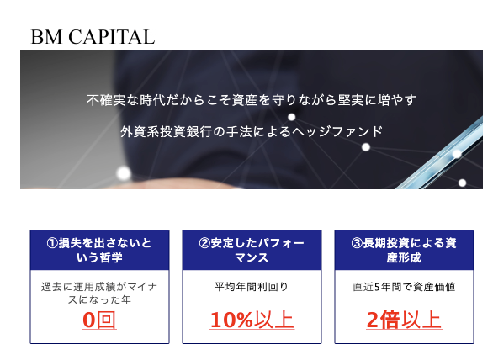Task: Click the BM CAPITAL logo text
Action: pyautogui.click(x=93, y=37)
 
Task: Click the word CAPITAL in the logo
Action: pyautogui.click(x=112, y=37)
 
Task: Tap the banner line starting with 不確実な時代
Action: pyautogui.click(x=252, y=100)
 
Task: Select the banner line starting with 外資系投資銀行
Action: pyautogui.click(x=252, y=131)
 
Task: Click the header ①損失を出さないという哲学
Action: pyautogui.click(x=99, y=251)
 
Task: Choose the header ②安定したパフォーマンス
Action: pyautogui.click(x=252, y=251)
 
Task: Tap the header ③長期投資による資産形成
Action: pyautogui.click(x=404, y=251)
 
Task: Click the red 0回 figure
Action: pyautogui.click(x=99, y=320)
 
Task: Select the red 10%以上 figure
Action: pyautogui.click(x=252, y=320)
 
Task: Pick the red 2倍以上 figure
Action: pyautogui.click(x=404, y=320)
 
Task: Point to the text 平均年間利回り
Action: pyautogui.click(x=252, y=287)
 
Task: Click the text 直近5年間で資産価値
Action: pyautogui.click(x=404, y=287)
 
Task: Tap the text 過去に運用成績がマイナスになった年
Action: pyautogui.click(x=99, y=294)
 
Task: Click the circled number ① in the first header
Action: pyautogui.click(x=52, y=243)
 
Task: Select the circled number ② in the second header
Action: pyautogui.click(x=204, y=243)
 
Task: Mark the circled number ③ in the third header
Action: pyautogui.click(x=357, y=243)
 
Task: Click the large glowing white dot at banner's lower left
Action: pyautogui.click(x=124, y=173)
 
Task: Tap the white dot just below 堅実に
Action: pyautogui.click(x=292, y=117)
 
